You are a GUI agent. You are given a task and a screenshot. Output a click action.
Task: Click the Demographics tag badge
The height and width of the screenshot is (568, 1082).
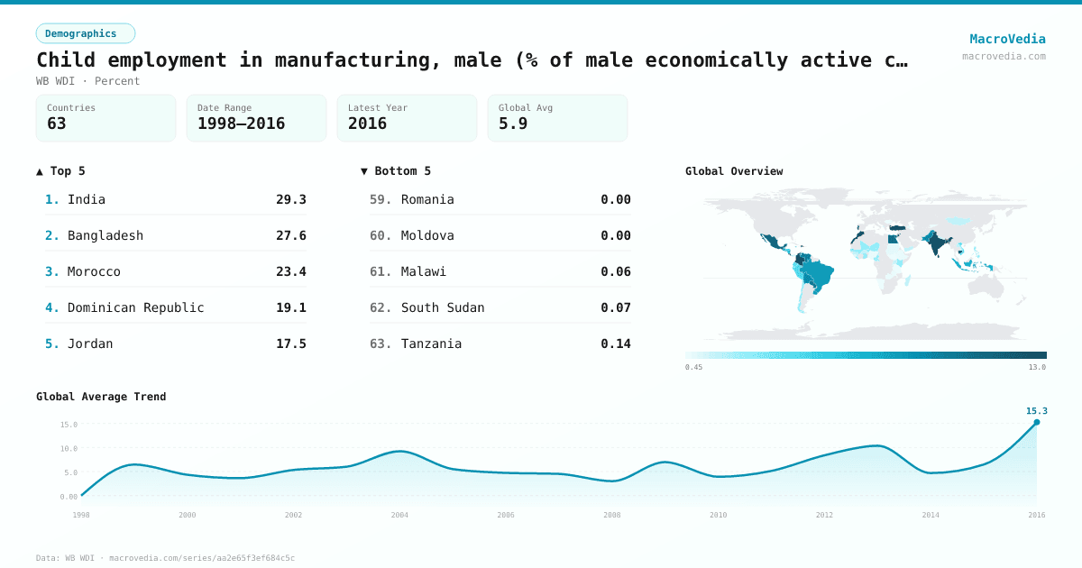click(85, 33)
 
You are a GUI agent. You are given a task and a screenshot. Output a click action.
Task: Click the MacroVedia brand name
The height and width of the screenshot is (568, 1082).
click(1007, 39)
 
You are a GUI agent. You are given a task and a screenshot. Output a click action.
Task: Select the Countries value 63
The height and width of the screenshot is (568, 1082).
click(57, 124)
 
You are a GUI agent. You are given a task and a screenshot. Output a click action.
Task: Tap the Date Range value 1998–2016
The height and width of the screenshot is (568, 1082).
click(241, 124)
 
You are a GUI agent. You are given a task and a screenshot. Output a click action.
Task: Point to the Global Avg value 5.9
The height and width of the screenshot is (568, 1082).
click(513, 124)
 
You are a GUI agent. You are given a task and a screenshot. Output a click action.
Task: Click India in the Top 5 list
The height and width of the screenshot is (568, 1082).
click(87, 199)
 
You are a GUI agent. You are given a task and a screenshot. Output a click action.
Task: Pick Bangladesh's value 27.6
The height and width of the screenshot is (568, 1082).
click(290, 235)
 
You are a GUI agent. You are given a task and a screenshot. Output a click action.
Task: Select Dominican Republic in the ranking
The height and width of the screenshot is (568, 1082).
click(135, 307)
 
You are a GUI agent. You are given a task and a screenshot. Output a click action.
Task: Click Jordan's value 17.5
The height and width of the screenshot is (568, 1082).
click(290, 344)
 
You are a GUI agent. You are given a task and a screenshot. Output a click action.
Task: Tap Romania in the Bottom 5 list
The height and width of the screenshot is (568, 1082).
click(427, 199)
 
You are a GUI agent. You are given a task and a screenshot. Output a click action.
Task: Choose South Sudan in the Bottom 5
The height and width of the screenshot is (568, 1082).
click(443, 307)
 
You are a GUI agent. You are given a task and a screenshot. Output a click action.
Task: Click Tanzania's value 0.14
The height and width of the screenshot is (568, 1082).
click(615, 344)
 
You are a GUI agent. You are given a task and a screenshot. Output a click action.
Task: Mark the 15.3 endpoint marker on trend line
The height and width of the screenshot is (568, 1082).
click(1036, 422)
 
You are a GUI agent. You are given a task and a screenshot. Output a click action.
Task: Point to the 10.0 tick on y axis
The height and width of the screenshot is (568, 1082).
click(69, 448)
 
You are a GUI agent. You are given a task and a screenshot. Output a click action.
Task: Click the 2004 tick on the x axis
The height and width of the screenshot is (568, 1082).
click(399, 515)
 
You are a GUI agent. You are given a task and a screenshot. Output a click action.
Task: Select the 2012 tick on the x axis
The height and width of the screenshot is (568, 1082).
click(824, 515)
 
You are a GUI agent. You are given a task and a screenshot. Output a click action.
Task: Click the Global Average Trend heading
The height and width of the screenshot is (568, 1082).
click(101, 397)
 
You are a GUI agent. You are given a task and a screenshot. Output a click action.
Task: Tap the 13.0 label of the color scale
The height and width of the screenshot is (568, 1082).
click(1037, 367)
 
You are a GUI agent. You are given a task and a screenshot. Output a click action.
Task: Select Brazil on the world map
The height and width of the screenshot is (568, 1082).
click(819, 271)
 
